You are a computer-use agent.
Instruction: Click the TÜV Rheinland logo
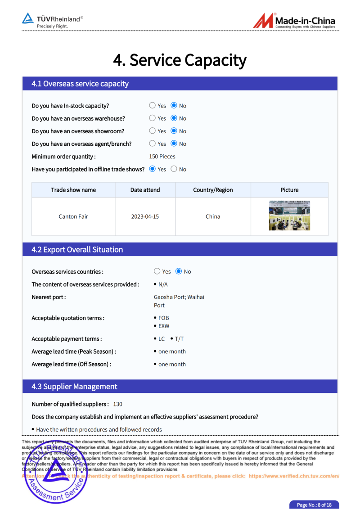coord(53,21)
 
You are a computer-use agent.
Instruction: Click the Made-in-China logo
coord(294,21)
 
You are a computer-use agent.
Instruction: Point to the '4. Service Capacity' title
coord(180,60)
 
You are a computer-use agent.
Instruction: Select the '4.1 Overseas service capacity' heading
coord(80,84)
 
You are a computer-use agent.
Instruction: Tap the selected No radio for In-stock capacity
coord(174,106)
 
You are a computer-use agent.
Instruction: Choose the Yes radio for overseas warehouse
coord(152,118)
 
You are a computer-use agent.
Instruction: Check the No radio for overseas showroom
coord(174,131)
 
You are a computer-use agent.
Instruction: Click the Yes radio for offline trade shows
coord(152,169)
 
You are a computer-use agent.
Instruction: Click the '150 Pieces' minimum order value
coord(162,157)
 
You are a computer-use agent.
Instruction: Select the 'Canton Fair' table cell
coord(73,216)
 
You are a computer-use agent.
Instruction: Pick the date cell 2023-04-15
coord(145,216)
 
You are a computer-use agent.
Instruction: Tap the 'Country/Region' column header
coord(213,190)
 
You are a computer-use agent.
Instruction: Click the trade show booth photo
coord(289,216)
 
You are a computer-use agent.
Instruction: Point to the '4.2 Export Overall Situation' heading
coord(77,250)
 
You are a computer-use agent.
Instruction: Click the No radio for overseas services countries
coord(179,271)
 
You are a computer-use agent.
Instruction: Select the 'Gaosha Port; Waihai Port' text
coord(179,301)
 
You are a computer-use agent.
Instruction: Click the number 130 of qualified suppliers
coord(118,404)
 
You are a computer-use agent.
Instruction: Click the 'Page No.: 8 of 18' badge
coord(314,505)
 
